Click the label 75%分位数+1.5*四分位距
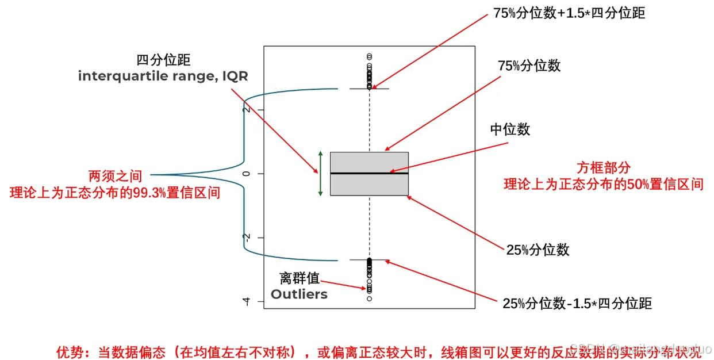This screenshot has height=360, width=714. pyautogui.click(x=569, y=13)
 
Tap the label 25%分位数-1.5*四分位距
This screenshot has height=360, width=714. pyautogui.click(x=577, y=304)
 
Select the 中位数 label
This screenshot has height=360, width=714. pyautogui.click(x=510, y=129)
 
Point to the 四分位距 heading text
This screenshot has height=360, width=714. pyautogui.click(x=163, y=60)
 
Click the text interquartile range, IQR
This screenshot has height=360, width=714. pyautogui.click(x=163, y=76)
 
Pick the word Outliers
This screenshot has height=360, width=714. pyautogui.click(x=299, y=294)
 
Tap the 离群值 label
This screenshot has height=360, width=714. pyautogui.click(x=299, y=279)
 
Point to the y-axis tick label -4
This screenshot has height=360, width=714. pyautogui.click(x=247, y=301)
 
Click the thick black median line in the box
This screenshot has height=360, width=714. pyautogui.click(x=369, y=173)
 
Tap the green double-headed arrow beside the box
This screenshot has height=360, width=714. pyautogui.click(x=320, y=174)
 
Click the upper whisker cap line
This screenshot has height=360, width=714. pyautogui.click(x=369, y=89)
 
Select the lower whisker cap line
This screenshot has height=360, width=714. pyautogui.click(x=369, y=260)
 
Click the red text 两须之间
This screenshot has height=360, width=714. pyautogui.click(x=115, y=176)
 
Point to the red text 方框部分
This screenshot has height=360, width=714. pyautogui.click(x=604, y=168)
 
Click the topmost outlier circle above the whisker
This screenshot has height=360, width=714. pyautogui.click(x=369, y=56)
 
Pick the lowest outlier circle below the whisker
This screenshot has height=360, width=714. pyautogui.click(x=369, y=298)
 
